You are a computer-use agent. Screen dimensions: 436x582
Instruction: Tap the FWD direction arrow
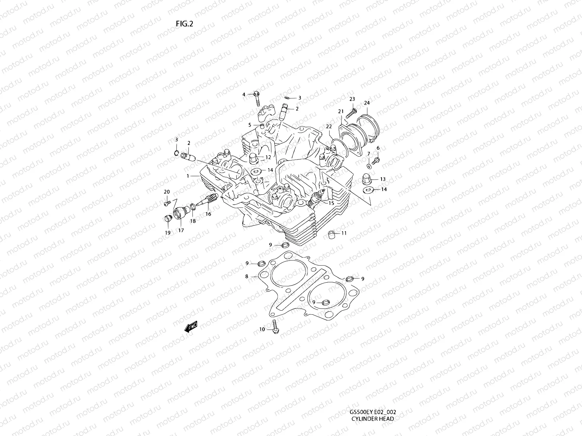tap(191, 327)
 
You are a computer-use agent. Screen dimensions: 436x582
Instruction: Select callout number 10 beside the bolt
tap(262, 330)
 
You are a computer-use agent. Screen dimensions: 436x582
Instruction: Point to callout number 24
tap(367, 103)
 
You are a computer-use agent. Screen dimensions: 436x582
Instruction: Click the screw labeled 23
tap(351, 112)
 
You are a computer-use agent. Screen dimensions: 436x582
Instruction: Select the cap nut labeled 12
tap(252, 158)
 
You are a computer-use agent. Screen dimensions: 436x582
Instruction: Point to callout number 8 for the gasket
tap(247, 276)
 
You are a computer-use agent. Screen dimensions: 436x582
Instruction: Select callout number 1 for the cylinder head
tap(188, 176)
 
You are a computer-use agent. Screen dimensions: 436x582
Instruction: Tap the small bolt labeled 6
tap(376, 160)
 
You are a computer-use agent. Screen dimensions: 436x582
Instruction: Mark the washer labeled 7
tap(369, 166)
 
